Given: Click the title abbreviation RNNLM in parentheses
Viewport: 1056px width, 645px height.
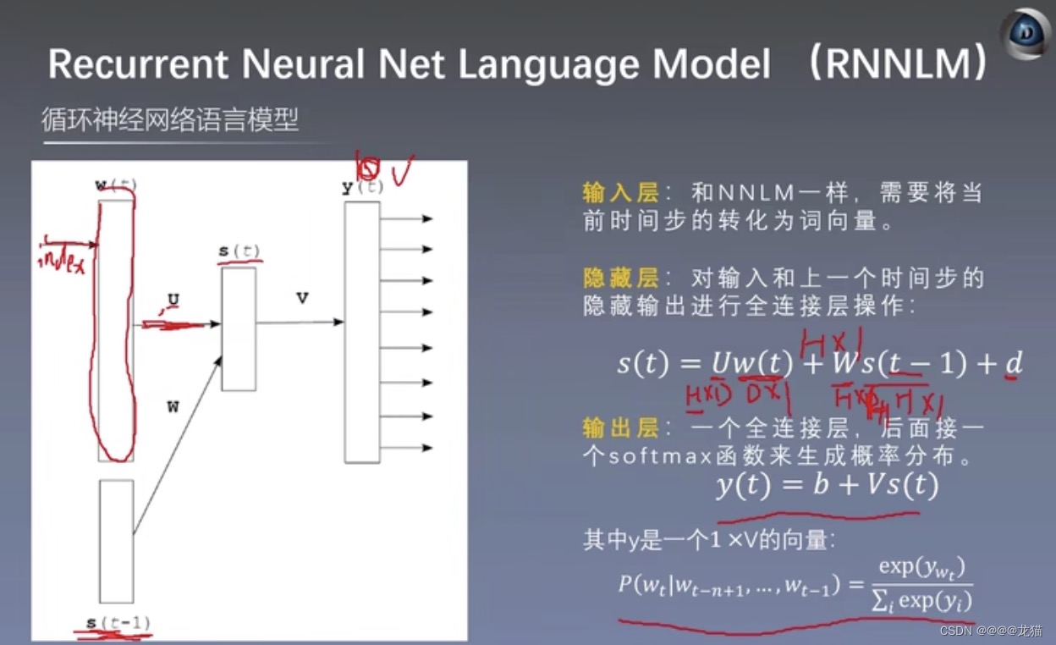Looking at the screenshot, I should pyautogui.click(x=898, y=64).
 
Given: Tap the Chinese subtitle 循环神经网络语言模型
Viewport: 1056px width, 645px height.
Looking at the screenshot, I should pyautogui.click(x=170, y=120).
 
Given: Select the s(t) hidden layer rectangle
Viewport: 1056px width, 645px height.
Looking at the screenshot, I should pyautogui.click(x=239, y=328).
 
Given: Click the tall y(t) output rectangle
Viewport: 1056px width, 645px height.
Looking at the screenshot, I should pyautogui.click(x=361, y=332).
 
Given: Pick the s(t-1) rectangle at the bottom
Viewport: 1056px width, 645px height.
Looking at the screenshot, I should pyautogui.click(x=116, y=541).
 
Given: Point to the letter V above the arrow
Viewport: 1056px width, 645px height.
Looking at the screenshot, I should pyautogui.click(x=302, y=298).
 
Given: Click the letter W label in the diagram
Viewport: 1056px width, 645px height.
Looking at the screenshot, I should pyautogui.click(x=173, y=407).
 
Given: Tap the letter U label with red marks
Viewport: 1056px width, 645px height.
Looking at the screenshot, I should pyautogui.click(x=173, y=300).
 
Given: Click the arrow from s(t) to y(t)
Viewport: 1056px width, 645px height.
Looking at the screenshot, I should pyautogui.click(x=300, y=322).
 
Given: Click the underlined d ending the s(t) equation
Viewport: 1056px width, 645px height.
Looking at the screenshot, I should pyautogui.click(x=1012, y=364).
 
